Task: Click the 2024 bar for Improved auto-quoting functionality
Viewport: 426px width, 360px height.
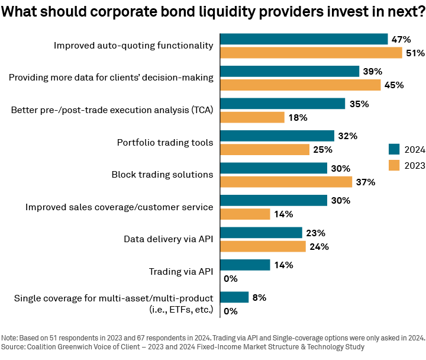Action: pyautogui.click(x=304, y=39)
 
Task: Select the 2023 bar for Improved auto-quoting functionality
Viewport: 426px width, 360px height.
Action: pyautogui.click(x=311, y=53)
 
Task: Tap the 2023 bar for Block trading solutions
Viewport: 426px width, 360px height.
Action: pyautogui.click(x=286, y=181)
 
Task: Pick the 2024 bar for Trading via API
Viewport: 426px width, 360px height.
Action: pyautogui.click(x=245, y=265)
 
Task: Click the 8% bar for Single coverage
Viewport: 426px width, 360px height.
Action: pyautogui.click(x=234, y=297)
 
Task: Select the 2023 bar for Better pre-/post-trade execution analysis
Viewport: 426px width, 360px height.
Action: pyautogui.click(x=252, y=117)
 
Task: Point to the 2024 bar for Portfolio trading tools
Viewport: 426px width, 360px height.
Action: pyautogui.click(x=277, y=136)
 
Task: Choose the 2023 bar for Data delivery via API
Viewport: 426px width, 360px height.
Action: pyautogui.click(x=263, y=246)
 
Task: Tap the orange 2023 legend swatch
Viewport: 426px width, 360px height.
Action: pyautogui.click(x=395, y=165)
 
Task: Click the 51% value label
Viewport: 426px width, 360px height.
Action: pyautogui.click(x=415, y=53)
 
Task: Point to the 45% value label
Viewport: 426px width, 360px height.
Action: pyautogui.click(x=393, y=85)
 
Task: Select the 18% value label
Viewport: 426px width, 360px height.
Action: pyautogui.click(x=298, y=117)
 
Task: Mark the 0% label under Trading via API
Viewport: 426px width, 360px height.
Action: pyautogui.click(x=230, y=278)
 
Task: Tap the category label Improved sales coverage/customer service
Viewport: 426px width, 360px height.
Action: pyautogui.click(x=119, y=207)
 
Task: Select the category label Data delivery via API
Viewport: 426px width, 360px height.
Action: pyautogui.click(x=168, y=239)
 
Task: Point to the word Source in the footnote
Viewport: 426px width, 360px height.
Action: pyautogui.click(x=15, y=346)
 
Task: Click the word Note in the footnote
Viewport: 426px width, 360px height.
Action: pyautogui.click(x=11, y=337)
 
